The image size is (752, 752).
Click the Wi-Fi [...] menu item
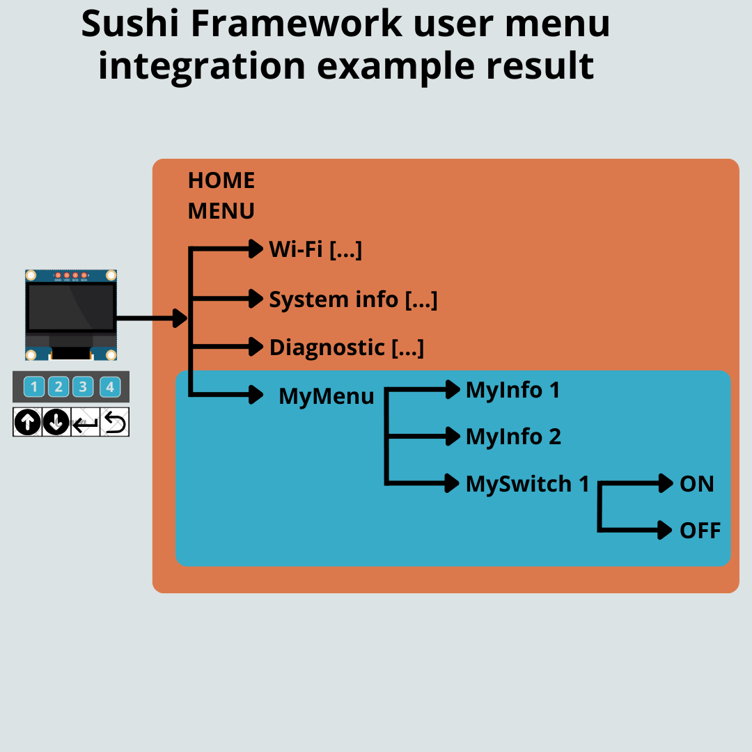315,249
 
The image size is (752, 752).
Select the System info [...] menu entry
353,299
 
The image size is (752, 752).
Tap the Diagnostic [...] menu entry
346,347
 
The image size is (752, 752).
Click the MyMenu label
326,396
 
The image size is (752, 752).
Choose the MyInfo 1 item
512,390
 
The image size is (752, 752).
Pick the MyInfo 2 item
513,437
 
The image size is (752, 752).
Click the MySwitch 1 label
527,484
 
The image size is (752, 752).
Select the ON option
696,484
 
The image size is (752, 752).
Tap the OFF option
700,531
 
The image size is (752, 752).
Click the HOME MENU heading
221,196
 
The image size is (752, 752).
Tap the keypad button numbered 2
58,386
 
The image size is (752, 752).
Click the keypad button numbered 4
109,386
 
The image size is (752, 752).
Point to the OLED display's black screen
71,307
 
